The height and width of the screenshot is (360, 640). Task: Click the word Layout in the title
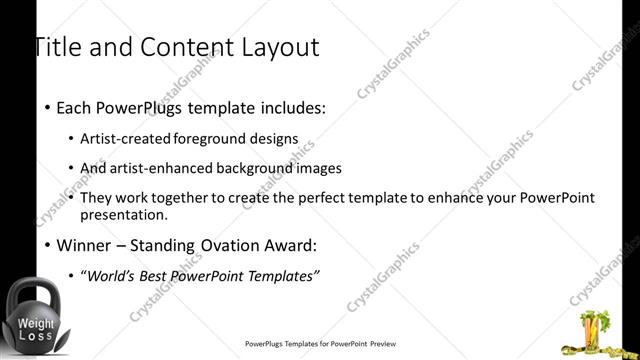(278, 47)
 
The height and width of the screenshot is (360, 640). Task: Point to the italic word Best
(153, 275)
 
